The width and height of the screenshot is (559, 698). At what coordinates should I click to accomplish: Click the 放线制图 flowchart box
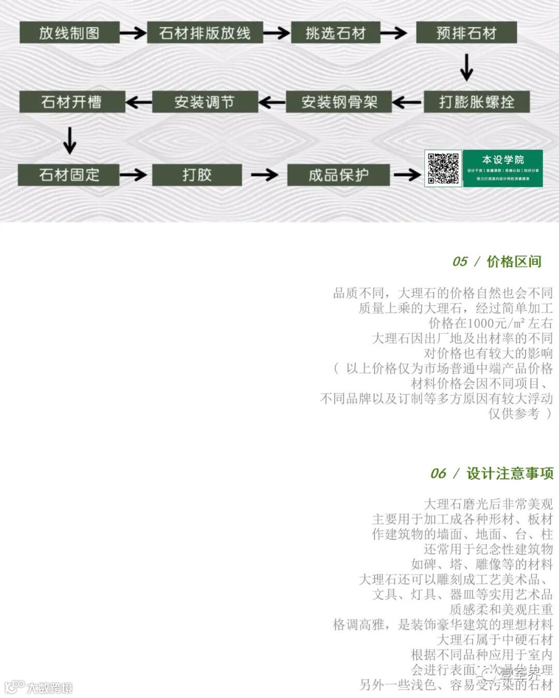click(x=69, y=33)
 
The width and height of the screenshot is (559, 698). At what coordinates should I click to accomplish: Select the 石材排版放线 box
click(x=205, y=33)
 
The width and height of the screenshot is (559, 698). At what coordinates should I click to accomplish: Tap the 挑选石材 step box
click(x=335, y=33)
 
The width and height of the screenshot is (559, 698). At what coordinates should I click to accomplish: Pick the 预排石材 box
click(x=466, y=33)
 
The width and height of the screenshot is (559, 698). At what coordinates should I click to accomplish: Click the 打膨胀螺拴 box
click(x=476, y=101)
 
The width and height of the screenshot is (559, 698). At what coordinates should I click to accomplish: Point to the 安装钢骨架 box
click(x=339, y=102)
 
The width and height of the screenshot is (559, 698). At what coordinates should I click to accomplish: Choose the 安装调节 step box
click(x=204, y=102)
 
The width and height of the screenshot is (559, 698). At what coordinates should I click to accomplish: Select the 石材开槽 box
click(x=71, y=101)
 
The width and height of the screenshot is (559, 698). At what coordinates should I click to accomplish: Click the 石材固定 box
click(x=69, y=175)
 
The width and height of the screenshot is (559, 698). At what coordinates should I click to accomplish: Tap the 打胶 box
click(x=197, y=175)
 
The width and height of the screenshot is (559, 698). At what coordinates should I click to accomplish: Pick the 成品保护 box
click(x=338, y=175)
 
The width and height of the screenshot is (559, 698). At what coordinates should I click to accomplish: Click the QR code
click(x=443, y=169)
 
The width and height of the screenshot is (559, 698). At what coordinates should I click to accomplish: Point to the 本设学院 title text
click(x=503, y=159)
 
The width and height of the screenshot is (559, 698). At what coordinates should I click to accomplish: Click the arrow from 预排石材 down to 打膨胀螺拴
click(x=466, y=67)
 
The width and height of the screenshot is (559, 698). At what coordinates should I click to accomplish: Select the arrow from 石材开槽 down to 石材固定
click(x=69, y=140)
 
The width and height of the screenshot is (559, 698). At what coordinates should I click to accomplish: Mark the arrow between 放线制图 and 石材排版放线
click(x=133, y=33)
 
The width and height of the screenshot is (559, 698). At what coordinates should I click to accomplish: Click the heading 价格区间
click(x=513, y=262)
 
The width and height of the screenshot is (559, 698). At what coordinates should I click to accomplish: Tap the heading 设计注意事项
click(x=510, y=473)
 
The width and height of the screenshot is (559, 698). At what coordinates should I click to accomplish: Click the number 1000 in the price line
click(x=482, y=323)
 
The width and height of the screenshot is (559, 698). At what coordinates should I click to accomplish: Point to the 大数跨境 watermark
click(x=49, y=688)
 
